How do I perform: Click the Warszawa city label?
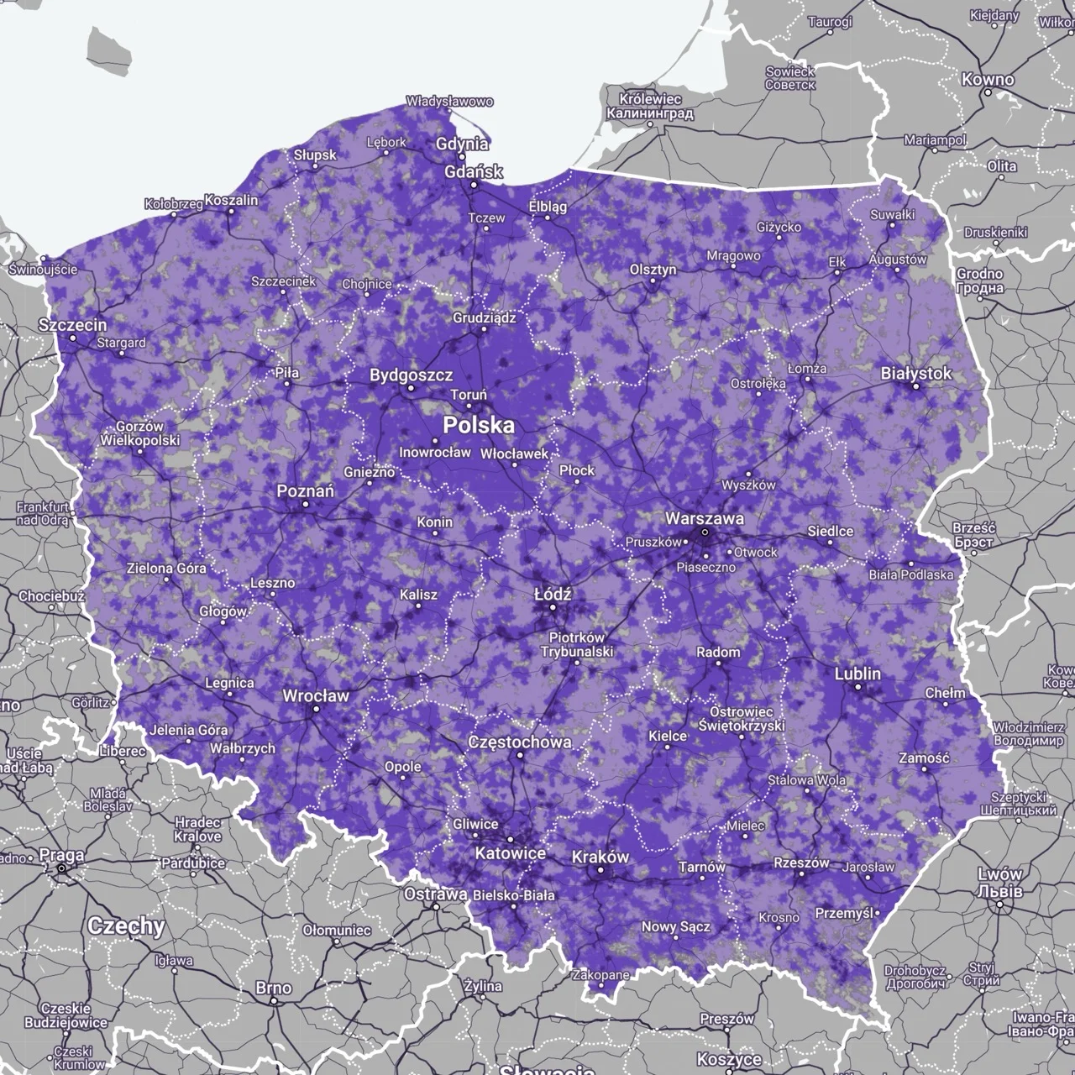coord(704,518)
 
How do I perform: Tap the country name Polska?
coord(479,425)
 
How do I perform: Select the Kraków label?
coord(600,857)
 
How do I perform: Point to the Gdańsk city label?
coord(474,171)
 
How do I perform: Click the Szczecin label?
coord(72,325)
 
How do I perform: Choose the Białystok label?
coord(915,373)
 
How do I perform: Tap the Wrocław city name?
coord(315,695)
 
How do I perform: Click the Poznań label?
coord(306,490)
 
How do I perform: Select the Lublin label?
coord(857,674)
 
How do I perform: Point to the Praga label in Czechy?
coord(61,855)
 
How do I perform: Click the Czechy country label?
coord(126,926)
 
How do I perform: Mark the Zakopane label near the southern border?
coord(600,975)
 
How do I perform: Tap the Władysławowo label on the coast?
coord(449,102)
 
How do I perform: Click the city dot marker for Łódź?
coord(553,606)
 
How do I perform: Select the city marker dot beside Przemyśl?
coord(877,913)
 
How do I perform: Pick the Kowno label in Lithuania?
coord(988,80)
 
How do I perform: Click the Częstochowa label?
coord(519,742)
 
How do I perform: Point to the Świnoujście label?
coord(42,270)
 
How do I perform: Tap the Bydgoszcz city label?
coord(411,375)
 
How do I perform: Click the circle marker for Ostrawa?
coord(436,907)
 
